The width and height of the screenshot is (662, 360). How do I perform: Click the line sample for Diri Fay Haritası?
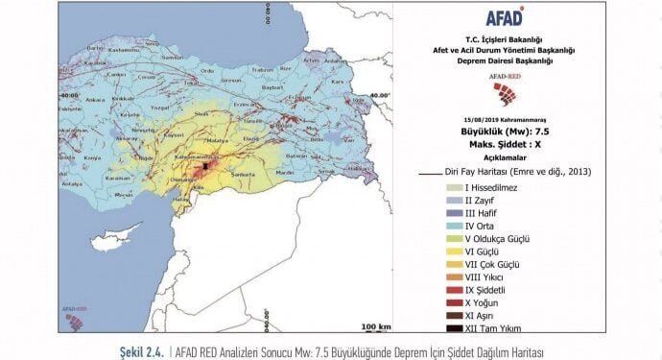click(431, 173)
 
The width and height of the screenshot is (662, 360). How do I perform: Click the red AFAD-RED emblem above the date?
click(502, 92)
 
